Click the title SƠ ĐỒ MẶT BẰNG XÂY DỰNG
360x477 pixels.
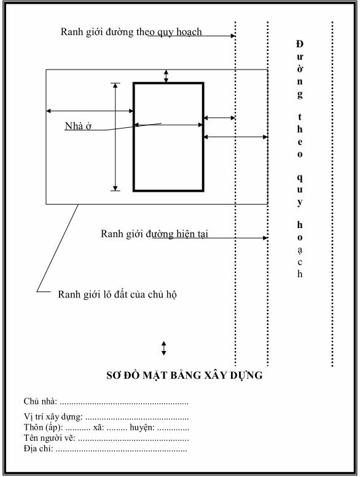(184, 376)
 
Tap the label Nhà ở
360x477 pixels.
(78, 126)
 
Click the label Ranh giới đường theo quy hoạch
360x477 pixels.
(131, 32)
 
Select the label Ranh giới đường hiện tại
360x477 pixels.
(154, 234)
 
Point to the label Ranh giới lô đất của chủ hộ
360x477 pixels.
(117, 294)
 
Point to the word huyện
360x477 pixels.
(142, 428)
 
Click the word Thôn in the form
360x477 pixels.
(34, 427)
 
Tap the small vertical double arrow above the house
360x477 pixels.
(166, 76)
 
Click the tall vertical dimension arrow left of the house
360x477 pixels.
(115, 137)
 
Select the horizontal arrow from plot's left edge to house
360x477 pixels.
(90, 111)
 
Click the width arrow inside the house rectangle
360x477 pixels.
(168, 125)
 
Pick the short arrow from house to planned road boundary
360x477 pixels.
(219, 118)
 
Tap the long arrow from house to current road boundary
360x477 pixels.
(236, 137)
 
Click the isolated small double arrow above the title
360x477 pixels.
(164, 349)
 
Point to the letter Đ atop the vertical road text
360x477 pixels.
(300, 44)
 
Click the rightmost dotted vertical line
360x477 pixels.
(332, 194)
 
